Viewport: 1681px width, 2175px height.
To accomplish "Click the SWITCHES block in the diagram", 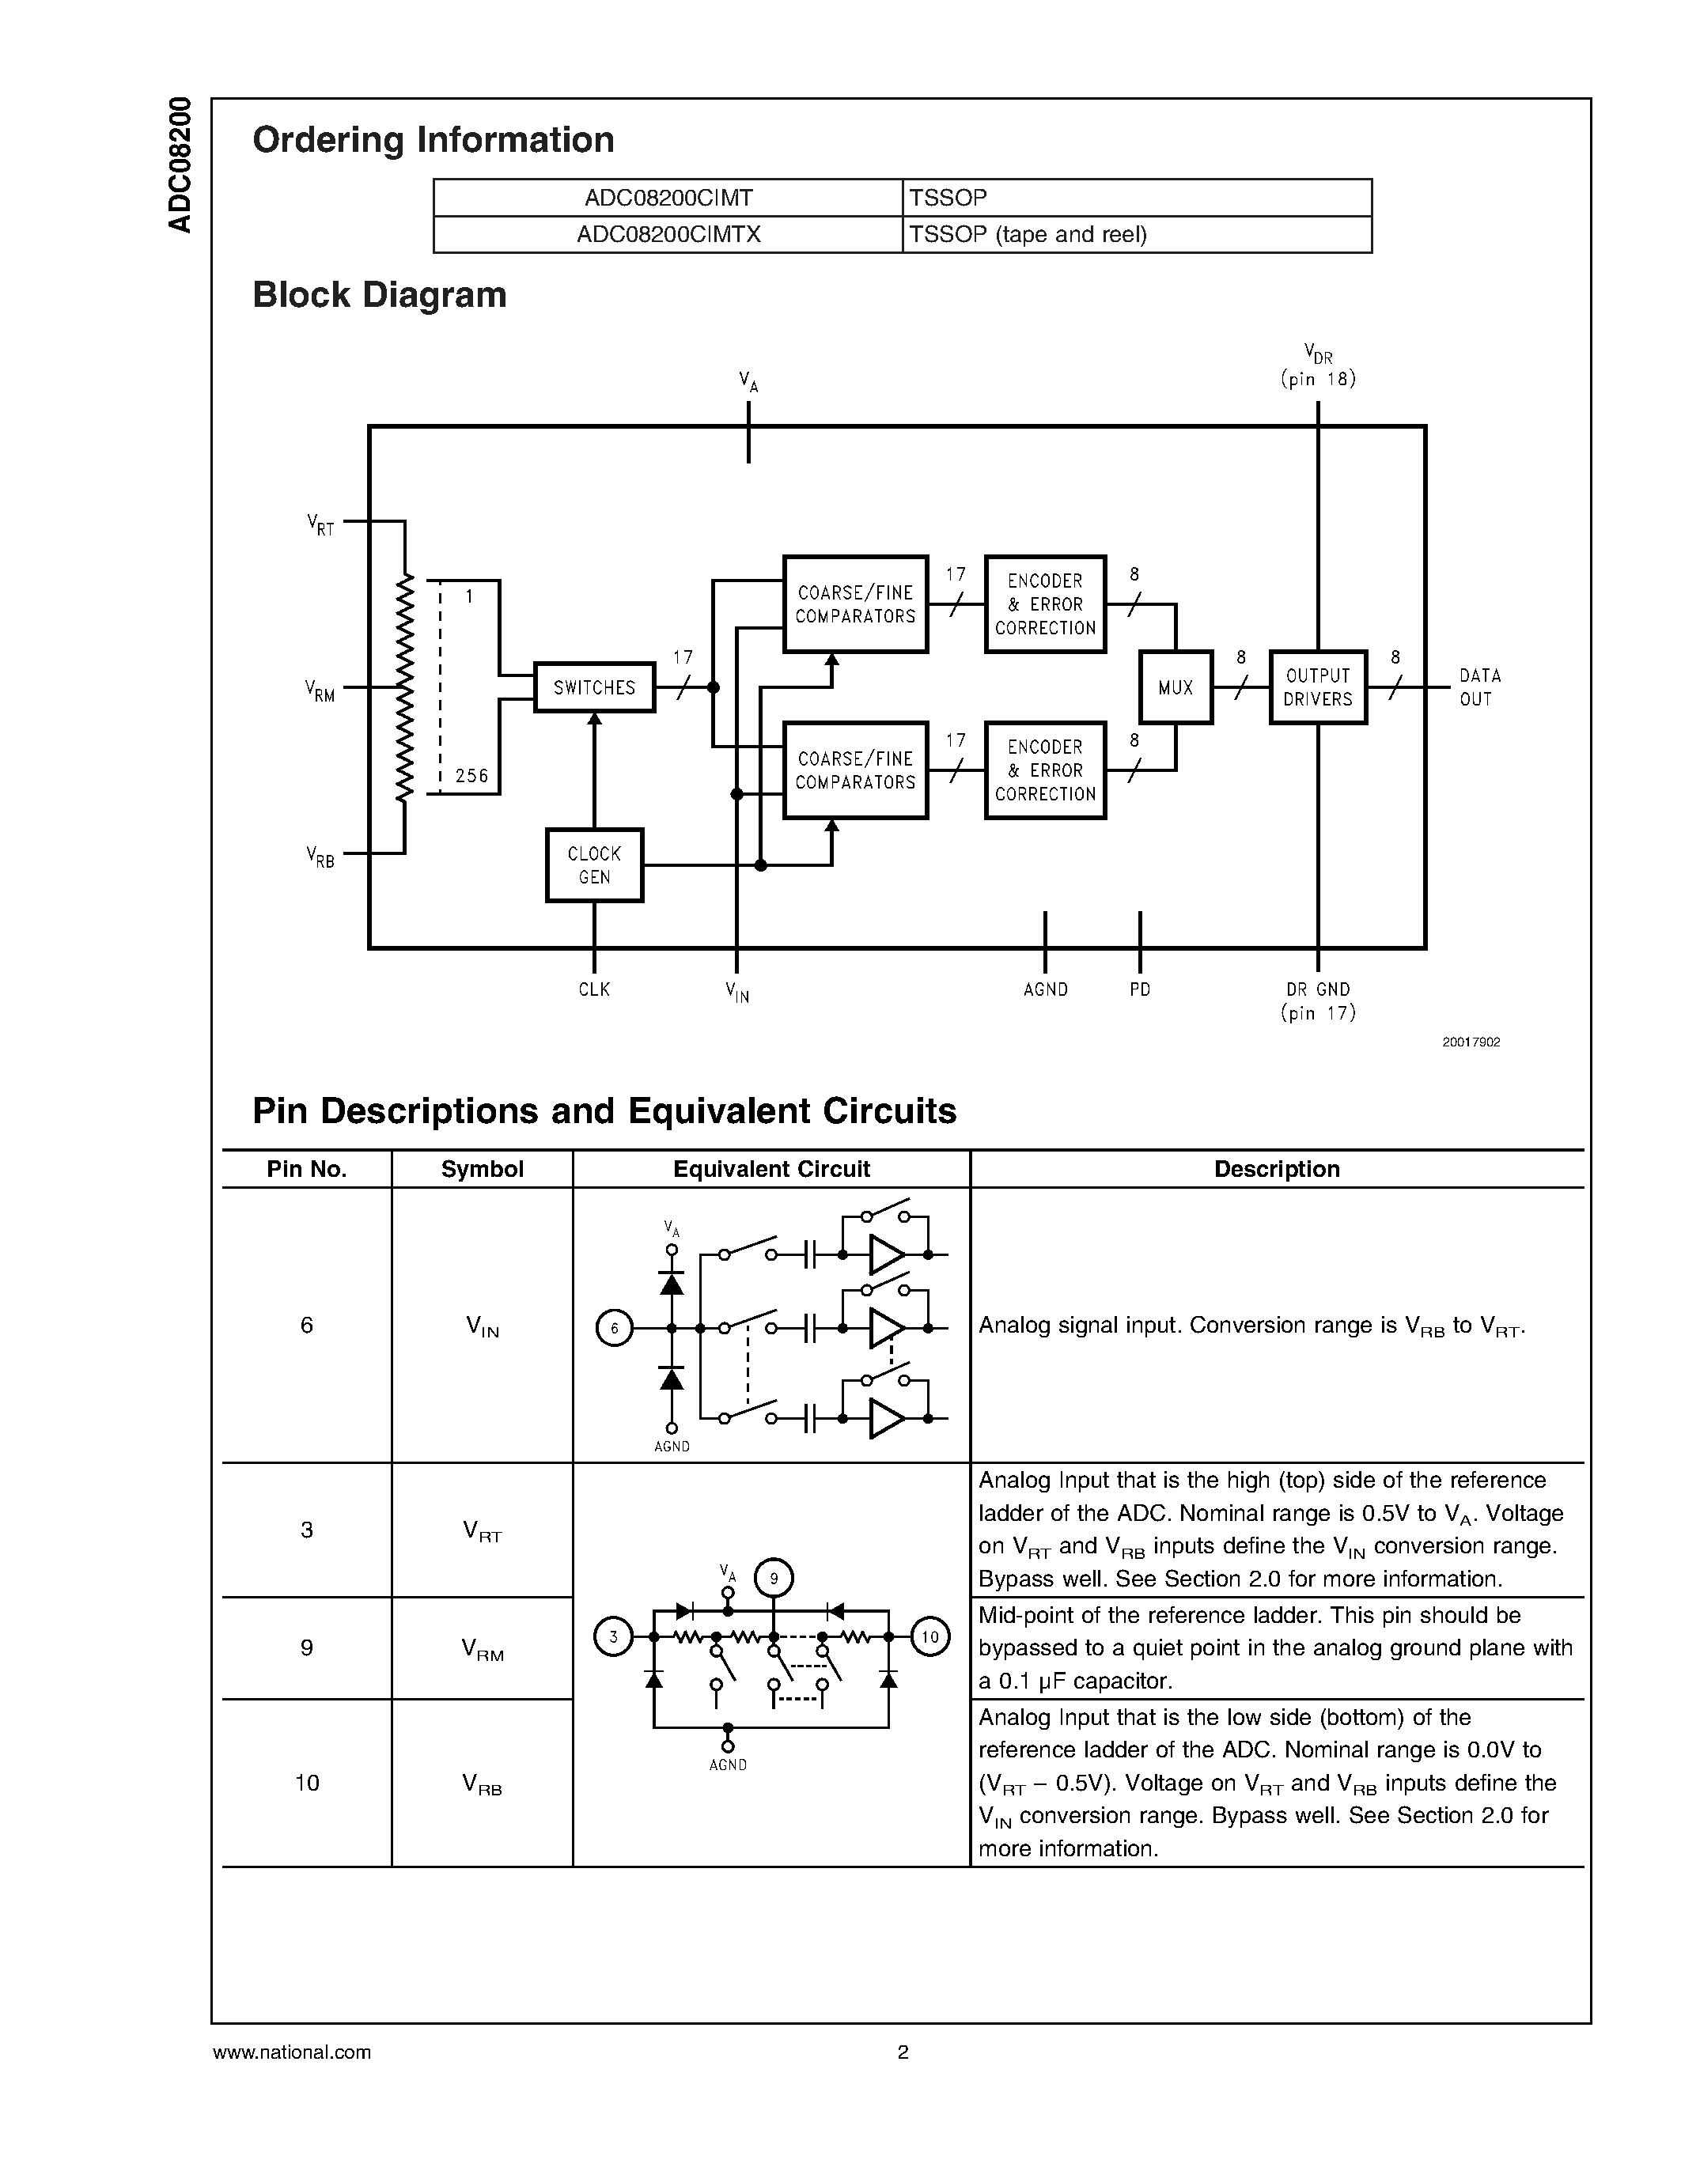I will pyautogui.click(x=595, y=687).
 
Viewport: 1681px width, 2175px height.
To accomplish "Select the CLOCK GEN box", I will pyautogui.click(x=595, y=865).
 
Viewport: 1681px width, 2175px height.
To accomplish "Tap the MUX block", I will pyautogui.click(x=1175, y=687).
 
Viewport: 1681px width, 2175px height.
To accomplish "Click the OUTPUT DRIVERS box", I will pyautogui.click(x=1318, y=687).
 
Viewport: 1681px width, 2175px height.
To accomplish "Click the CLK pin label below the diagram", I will pyautogui.click(x=595, y=989).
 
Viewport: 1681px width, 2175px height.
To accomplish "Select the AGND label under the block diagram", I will pyautogui.click(x=1045, y=989).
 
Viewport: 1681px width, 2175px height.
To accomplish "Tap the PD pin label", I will pyautogui.click(x=1139, y=989).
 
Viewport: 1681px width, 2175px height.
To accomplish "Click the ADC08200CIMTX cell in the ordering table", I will pyautogui.click(x=668, y=234).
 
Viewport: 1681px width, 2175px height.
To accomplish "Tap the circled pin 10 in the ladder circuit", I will pyautogui.click(x=930, y=1636).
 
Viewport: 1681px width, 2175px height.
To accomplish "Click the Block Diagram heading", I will pyautogui.click(x=380, y=295).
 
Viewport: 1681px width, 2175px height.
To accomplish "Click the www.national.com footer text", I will pyautogui.click(x=292, y=2052).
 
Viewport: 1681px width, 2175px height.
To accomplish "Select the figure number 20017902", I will pyautogui.click(x=1471, y=1042).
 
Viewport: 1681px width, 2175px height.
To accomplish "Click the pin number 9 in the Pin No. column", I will pyautogui.click(x=307, y=1647).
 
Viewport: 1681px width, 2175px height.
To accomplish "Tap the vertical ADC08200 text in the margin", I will pyautogui.click(x=180, y=165).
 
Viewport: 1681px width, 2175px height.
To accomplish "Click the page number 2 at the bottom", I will pyautogui.click(x=903, y=2052).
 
